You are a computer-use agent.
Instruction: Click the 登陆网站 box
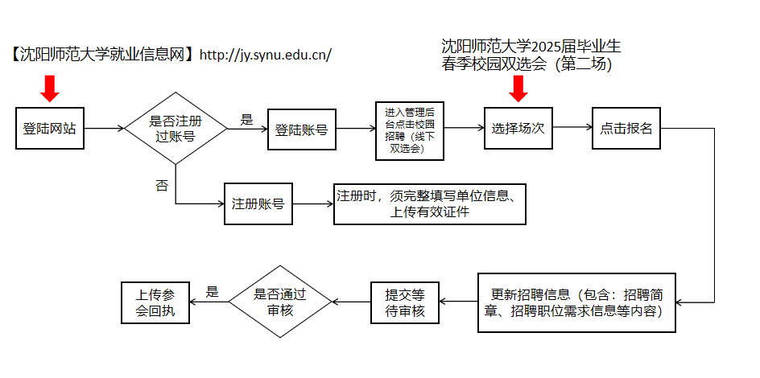pyautogui.click(x=50, y=128)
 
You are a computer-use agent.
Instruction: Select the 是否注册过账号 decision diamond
pyautogui.click(x=176, y=128)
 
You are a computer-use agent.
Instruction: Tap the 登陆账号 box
pyautogui.click(x=302, y=129)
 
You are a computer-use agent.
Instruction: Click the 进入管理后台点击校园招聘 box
pyautogui.click(x=410, y=130)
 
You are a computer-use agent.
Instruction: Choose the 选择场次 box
pyautogui.click(x=518, y=128)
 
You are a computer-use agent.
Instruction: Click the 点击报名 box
pyautogui.click(x=626, y=128)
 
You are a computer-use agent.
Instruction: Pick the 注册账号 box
pyautogui.click(x=258, y=203)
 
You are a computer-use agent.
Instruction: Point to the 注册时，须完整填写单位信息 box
pyautogui.click(x=430, y=203)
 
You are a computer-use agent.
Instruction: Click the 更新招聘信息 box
pyautogui.click(x=576, y=302)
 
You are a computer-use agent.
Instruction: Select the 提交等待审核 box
pyautogui.click(x=405, y=302)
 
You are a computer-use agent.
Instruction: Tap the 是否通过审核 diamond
pyautogui.click(x=280, y=302)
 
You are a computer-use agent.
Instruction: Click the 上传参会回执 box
pyautogui.click(x=155, y=302)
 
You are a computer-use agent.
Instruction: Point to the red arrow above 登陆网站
pyautogui.click(x=49, y=88)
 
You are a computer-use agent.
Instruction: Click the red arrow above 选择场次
pyautogui.click(x=518, y=88)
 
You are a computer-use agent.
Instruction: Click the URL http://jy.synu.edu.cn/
pyautogui.click(x=266, y=55)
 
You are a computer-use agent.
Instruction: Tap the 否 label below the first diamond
pyautogui.click(x=161, y=185)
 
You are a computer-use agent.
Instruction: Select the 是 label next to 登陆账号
pyautogui.click(x=247, y=120)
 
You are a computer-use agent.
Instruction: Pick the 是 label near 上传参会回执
pyautogui.click(x=213, y=291)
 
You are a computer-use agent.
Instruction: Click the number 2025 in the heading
pyautogui.click(x=545, y=47)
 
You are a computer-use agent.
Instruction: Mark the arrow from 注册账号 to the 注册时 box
pyautogui.click(x=313, y=203)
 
